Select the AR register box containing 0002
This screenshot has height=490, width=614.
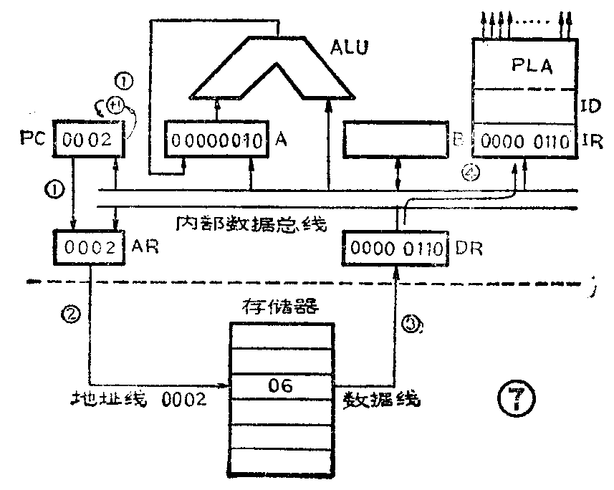tap(88, 249)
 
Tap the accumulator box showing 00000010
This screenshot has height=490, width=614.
tap(217, 140)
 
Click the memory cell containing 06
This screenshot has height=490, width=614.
tap(281, 388)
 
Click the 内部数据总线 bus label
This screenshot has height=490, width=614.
tap(251, 224)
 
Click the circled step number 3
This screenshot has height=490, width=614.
tap(409, 324)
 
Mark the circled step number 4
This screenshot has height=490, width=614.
tap(474, 173)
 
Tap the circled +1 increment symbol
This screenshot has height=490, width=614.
tap(115, 107)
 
